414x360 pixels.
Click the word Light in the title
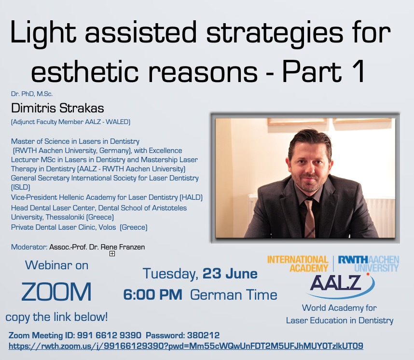pyautogui.click(x=43, y=33)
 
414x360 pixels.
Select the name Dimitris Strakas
pyautogui.click(x=57, y=108)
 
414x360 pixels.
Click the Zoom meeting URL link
pyautogui.click(x=186, y=346)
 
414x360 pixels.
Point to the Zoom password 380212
pyautogui.click(x=203, y=335)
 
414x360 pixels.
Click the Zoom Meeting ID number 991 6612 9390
pyautogui.click(x=109, y=335)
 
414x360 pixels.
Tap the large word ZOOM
pyautogui.click(x=56, y=291)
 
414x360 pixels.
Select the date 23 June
pyautogui.click(x=230, y=274)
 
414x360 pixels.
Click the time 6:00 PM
pyautogui.click(x=153, y=295)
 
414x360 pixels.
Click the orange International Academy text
pyautogui.click(x=298, y=264)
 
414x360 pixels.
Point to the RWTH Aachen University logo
pyautogui.click(x=369, y=264)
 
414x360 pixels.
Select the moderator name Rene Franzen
pyautogui.click(x=123, y=247)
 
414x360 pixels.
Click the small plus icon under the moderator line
pyautogui.click(x=112, y=253)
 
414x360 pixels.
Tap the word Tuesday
pyautogui.click(x=170, y=274)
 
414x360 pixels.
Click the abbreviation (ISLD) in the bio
pyautogui.click(x=21, y=187)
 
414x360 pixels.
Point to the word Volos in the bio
pyautogui.click(x=107, y=227)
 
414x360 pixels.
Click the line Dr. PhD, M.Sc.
pyautogui.click(x=32, y=94)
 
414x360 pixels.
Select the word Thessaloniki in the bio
pyautogui.click(x=65, y=217)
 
